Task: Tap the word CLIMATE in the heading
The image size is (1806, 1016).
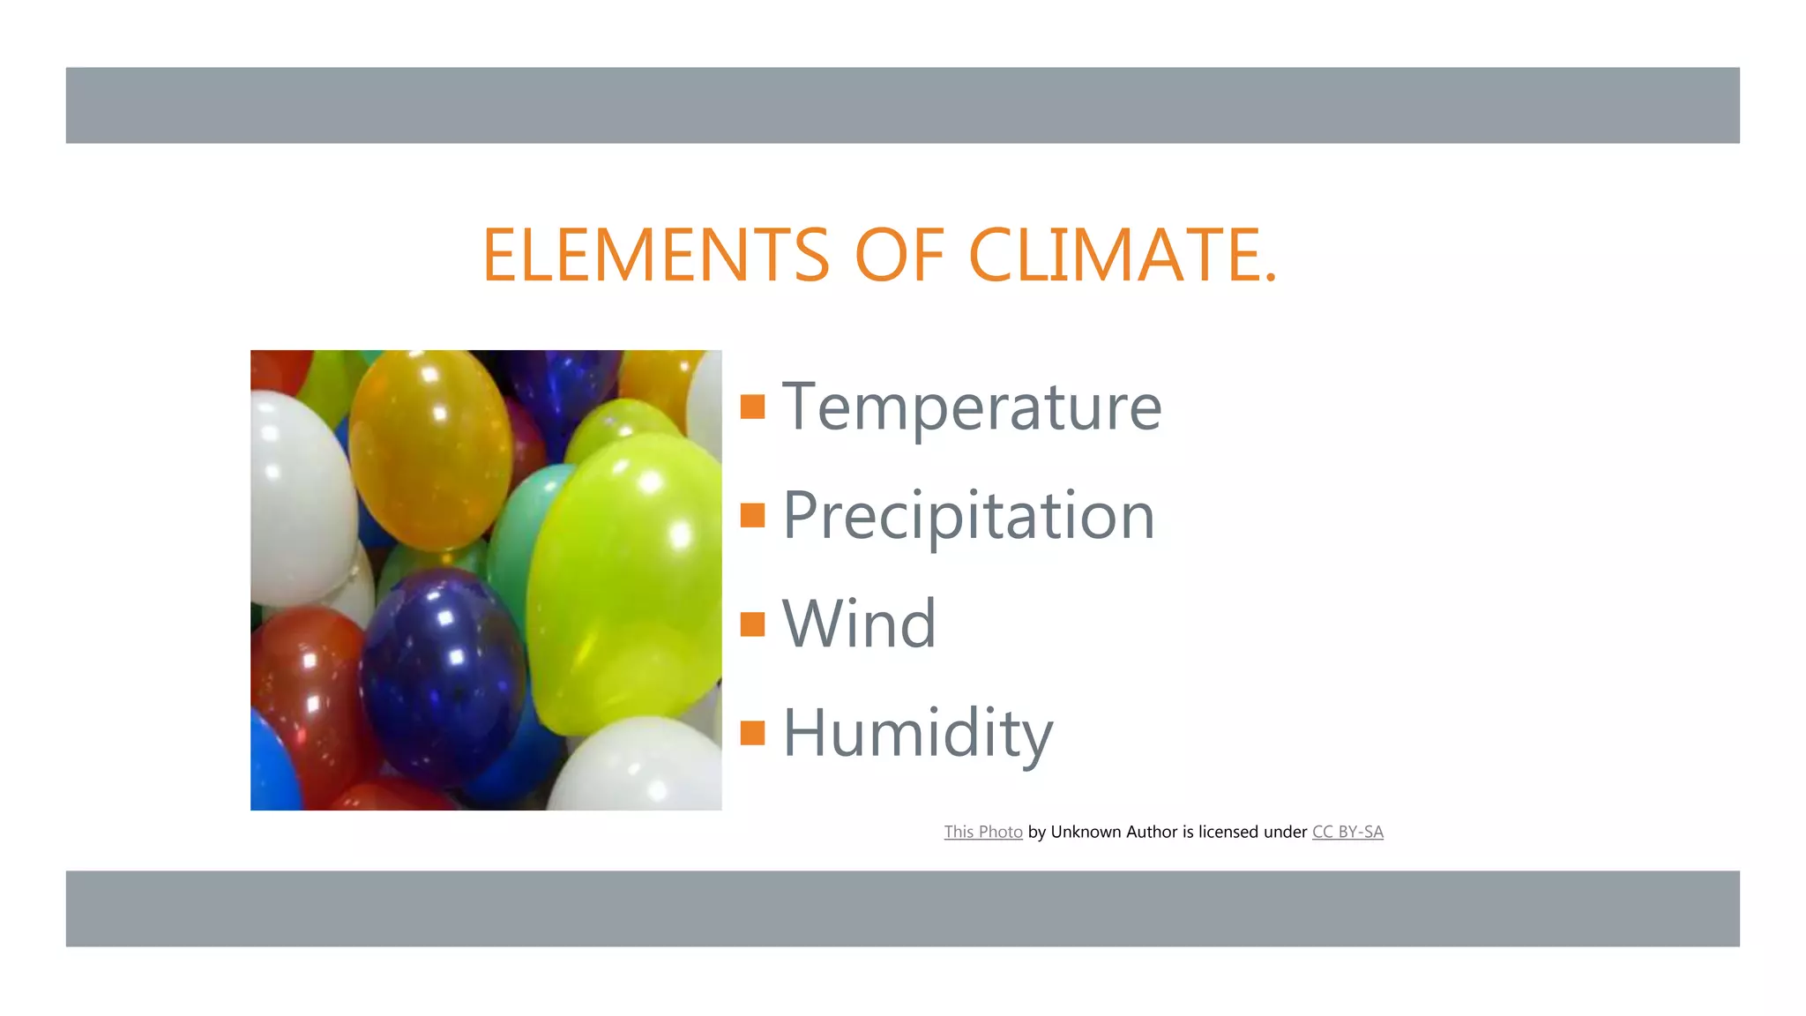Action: (x=1122, y=255)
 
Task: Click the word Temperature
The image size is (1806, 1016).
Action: (x=972, y=407)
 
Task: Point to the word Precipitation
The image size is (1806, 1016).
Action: (x=968, y=516)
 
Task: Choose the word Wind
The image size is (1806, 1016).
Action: (x=859, y=624)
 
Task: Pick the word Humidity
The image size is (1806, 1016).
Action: (x=917, y=733)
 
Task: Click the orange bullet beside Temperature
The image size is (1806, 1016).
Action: (x=752, y=407)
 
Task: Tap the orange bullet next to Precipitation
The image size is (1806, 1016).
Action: (x=752, y=515)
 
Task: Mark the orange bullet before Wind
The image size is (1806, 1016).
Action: (x=752, y=624)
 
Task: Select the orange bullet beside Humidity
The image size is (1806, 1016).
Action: (x=752, y=732)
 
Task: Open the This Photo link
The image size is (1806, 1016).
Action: (x=983, y=832)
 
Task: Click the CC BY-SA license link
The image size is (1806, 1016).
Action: (x=1347, y=832)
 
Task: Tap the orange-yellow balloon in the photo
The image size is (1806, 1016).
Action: (x=429, y=450)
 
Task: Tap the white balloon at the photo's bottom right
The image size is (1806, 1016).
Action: (x=639, y=767)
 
